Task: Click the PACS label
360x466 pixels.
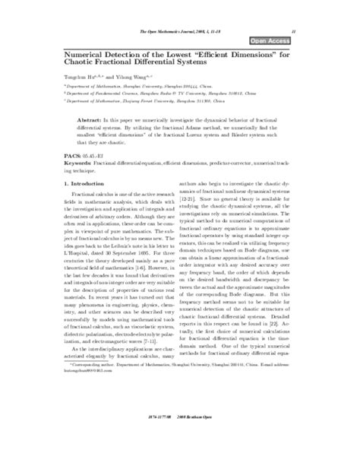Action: (x=65, y=174)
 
